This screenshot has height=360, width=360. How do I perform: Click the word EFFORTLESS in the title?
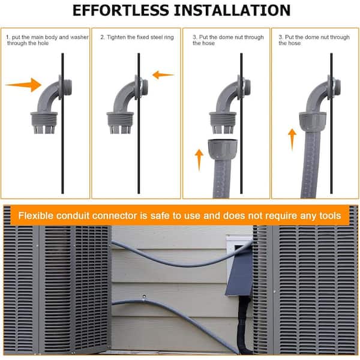(121, 11)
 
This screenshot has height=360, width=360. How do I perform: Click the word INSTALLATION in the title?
(232, 11)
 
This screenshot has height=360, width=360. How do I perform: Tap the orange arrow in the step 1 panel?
(23, 85)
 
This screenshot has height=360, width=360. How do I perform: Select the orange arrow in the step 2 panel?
(163, 75)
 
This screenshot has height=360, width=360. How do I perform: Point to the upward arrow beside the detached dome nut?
(199, 160)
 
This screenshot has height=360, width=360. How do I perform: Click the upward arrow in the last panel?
(292, 140)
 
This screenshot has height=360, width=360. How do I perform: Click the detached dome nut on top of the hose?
(223, 149)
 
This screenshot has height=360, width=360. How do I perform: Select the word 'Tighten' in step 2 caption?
(116, 37)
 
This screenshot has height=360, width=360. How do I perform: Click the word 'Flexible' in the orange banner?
(36, 216)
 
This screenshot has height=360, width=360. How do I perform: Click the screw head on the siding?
(144, 296)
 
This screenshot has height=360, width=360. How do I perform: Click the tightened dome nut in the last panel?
(313, 122)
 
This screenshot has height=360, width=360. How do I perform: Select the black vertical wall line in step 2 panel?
(139, 124)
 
